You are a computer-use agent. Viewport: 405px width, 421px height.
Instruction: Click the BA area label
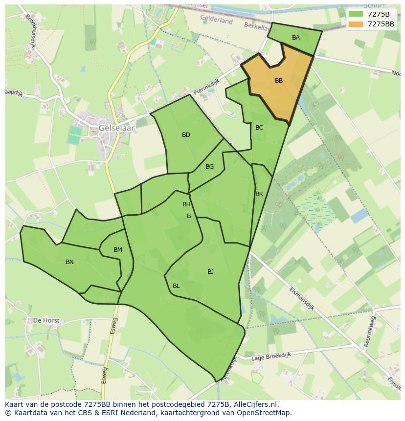click(x=295, y=38)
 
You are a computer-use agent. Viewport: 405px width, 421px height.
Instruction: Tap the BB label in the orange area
click(x=278, y=81)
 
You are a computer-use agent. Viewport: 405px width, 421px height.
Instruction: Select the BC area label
click(x=259, y=128)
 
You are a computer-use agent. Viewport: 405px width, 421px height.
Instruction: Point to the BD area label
click(x=186, y=135)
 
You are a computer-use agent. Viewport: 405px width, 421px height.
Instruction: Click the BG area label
click(x=209, y=167)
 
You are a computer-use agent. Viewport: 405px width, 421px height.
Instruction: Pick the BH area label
click(x=186, y=204)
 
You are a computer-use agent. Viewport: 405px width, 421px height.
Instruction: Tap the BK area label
click(x=259, y=194)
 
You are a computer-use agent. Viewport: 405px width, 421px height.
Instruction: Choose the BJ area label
click(x=210, y=272)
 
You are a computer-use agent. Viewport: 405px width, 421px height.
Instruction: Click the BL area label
click(x=176, y=286)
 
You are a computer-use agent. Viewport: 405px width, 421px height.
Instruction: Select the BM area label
click(x=118, y=250)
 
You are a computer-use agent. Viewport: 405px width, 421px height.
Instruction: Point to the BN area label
click(x=69, y=262)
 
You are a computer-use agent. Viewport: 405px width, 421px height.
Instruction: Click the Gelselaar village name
click(x=116, y=128)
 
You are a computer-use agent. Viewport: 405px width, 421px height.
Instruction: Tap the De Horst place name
click(x=46, y=321)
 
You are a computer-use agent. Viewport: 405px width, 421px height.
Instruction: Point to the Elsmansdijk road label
click(x=301, y=298)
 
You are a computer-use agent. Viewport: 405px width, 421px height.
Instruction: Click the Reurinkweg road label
click(x=373, y=332)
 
